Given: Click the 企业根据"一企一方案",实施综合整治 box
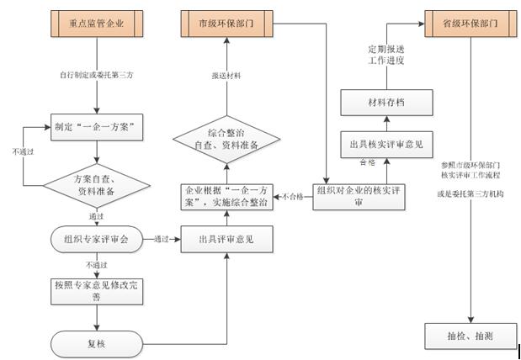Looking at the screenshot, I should pyautogui.click(x=227, y=197).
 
